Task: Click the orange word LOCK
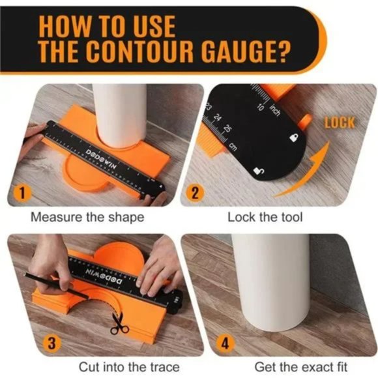339,123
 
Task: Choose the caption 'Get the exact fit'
294,367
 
